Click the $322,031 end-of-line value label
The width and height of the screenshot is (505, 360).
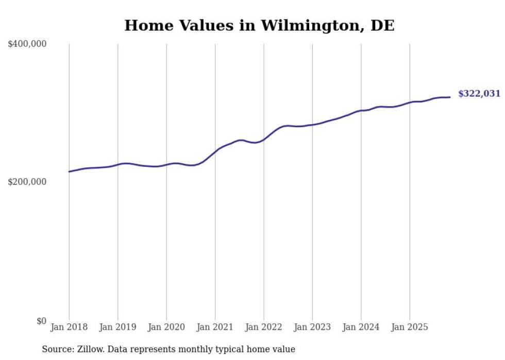tap(479, 94)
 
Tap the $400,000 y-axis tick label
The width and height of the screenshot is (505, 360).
tap(27, 44)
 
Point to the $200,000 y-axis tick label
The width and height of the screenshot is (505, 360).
tap(27, 182)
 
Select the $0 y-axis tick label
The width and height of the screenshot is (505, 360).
tap(41, 321)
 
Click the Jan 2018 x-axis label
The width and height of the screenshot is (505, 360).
tap(69, 327)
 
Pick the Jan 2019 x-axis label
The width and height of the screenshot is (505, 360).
tap(117, 327)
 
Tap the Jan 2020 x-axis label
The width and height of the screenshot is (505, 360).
tap(166, 327)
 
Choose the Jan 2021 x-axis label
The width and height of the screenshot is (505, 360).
tap(215, 327)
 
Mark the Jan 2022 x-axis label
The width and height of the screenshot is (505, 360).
tap(263, 327)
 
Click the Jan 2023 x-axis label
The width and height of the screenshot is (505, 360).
tap(312, 327)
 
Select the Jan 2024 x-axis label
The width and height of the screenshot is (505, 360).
tap(361, 327)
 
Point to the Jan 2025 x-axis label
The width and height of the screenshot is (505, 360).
tap(410, 327)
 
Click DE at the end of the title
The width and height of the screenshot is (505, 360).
tap(382, 25)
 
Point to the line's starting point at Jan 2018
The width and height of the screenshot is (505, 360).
tap(69, 172)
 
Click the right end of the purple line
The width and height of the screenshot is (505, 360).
tap(450, 97)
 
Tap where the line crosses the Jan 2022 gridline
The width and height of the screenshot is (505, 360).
tap(264, 139)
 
